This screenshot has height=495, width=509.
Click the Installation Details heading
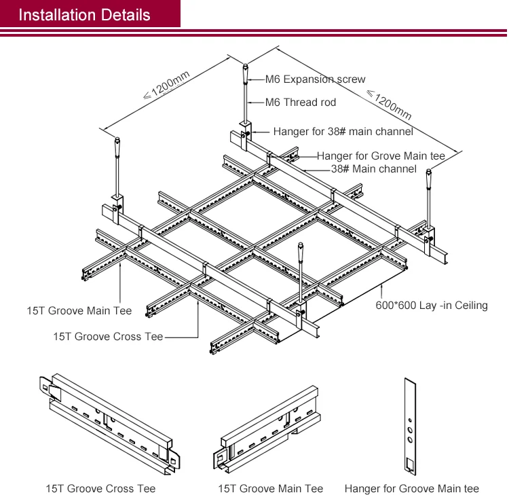tap(84, 14)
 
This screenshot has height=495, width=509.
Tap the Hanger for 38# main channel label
tap(343, 132)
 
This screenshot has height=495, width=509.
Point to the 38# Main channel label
tap(373, 168)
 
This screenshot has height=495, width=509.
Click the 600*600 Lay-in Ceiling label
tap(431, 306)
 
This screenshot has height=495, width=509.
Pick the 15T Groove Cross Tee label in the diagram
tap(108, 336)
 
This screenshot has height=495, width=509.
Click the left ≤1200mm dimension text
tap(166, 86)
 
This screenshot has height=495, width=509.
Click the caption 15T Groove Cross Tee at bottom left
tap(100, 488)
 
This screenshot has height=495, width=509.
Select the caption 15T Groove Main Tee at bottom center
tap(270, 488)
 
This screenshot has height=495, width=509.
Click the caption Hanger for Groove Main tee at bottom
tap(411, 488)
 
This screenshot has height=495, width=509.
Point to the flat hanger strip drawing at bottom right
tap(409, 428)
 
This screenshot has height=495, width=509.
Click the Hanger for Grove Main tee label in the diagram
tap(381, 156)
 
